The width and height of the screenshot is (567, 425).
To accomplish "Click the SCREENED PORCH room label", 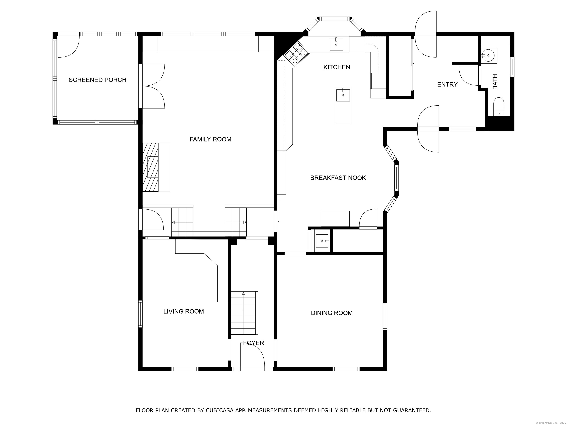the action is click(97, 80).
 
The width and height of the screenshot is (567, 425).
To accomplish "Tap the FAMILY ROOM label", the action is click(210, 139).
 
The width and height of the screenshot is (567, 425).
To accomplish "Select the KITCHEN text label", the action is click(336, 67).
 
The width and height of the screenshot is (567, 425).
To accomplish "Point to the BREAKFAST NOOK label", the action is click(338, 178).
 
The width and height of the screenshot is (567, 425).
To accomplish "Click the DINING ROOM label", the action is click(332, 313).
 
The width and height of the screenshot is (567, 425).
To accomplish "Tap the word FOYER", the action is click(254, 343).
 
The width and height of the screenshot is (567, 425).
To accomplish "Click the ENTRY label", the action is click(447, 84).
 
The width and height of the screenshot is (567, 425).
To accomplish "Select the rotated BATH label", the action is click(495, 82).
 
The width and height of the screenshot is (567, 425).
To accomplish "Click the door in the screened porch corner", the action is click(68, 47).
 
